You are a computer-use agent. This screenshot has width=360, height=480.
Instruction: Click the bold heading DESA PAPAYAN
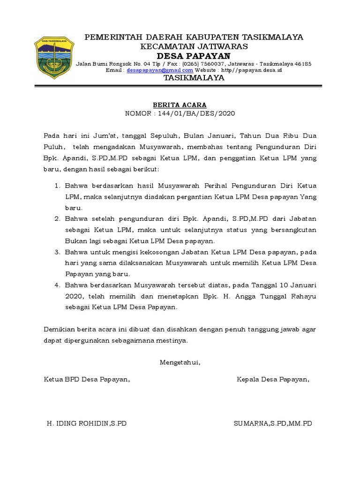[x=194, y=56]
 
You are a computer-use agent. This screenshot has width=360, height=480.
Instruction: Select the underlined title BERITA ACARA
[x=180, y=105]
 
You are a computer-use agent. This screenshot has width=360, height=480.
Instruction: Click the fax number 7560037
[x=213, y=64]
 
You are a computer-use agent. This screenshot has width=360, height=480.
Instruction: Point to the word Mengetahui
[x=180, y=362]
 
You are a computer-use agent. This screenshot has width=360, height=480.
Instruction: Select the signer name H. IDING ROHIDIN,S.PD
[x=87, y=423]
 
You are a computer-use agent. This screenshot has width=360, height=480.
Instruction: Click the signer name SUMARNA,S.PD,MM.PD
[x=272, y=423]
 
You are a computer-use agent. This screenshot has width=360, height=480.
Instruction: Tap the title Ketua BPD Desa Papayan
[x=87, y=379]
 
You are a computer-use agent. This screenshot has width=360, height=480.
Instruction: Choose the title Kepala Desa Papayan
[x=273, y=379]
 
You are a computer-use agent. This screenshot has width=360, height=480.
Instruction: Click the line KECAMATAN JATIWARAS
[x=194, y=47]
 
